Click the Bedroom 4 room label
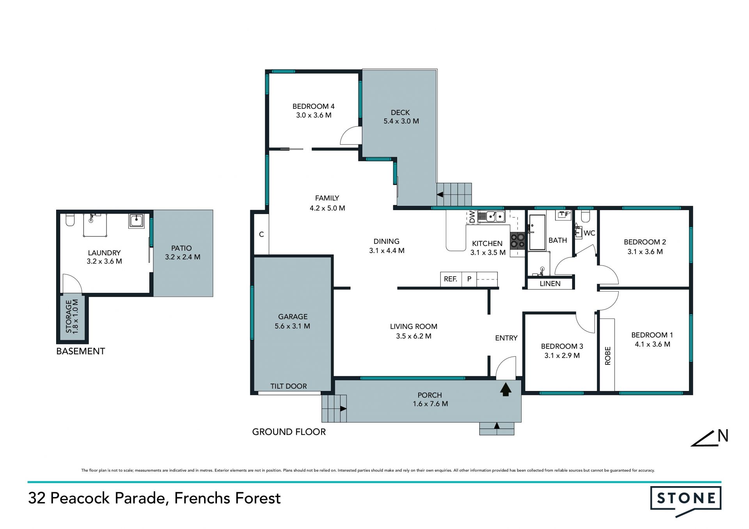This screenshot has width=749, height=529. pyautogui.click(x=313, y=106)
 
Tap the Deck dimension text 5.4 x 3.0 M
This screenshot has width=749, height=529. pyautogui.click(x=401, y=121)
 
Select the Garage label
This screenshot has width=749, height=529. pyautogui.click(x=293, y=317)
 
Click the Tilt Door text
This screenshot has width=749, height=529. pyautogui.click(x=289, y=386)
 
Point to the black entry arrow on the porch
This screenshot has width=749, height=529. pyautogui.click(x=506, y=389)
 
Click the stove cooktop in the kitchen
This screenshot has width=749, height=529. pyautogui.click(x=517, y=241)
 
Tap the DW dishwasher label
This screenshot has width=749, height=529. pyautogui.click(x=472, y=217)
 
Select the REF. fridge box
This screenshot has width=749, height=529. pyautogui.click(x=451, y=279)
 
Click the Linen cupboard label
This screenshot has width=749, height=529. pyautogui.click(x=550, y=284)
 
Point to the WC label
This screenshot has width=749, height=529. pyautogui.click(x=589, y=233)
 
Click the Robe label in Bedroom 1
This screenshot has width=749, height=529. pyautogui.click(x=607, y=356)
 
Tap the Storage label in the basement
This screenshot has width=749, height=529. pyautogui.click(x=69, y=316)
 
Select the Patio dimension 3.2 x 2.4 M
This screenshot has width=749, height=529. pyautogui.click(x=183, y=257)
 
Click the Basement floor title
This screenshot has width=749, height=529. pyautogui.click(x=80, y=351)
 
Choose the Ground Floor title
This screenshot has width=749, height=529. pyautogui.click(x=289, y=432)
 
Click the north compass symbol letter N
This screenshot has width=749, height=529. pyautogui.click(x=723, y=436)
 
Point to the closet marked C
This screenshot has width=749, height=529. pyautogui.click(x=261, y=234)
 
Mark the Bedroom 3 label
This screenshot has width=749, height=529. pyautogui.click(x=562, y=346)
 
